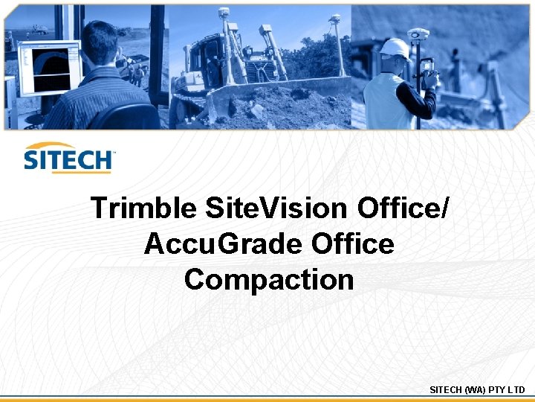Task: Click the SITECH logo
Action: click(68, 159)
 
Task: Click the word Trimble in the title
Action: click(142, 208)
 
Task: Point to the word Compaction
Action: click(268, 280)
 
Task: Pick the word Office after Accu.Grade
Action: click(353, 244)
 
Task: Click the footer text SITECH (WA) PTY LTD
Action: click(477, 389)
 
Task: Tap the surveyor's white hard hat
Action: click(394, 48)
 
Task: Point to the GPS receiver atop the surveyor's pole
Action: click(418, 34)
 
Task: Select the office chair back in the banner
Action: click(126, 116)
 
